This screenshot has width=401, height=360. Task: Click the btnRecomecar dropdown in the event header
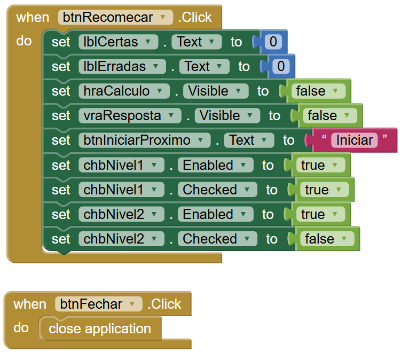(x=115, y=17)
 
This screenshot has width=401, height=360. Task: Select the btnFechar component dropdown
(x=98, y=304)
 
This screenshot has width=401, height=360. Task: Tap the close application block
(x=100, y=328)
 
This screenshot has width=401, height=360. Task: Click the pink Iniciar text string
(x=355, y=140)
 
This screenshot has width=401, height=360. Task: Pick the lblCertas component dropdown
(x=118, y=42)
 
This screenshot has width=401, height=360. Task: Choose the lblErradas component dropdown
(x=122, y=66)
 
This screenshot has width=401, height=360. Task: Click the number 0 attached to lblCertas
(x=273, y=42)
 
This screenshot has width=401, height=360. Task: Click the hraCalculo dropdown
(x=124, y=91)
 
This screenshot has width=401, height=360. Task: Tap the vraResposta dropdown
(x=130, y=115)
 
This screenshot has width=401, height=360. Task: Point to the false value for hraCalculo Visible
(x=318, y=91)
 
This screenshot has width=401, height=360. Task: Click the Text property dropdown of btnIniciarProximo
(x=249, y=140)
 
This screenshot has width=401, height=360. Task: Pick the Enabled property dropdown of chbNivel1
(x=215, y=165)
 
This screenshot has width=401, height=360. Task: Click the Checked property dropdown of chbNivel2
(x=217, y=239)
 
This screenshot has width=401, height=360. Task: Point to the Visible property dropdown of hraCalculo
(x=216, y=91)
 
